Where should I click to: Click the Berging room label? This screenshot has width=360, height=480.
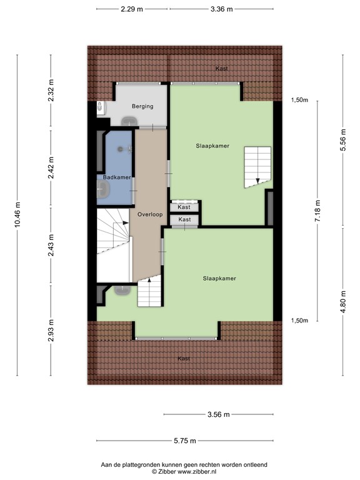tap(142, 106)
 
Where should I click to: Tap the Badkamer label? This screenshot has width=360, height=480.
tap(117, 177)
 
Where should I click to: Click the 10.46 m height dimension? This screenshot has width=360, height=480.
tap(18, 216)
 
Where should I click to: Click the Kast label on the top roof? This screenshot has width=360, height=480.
tap(221, 68)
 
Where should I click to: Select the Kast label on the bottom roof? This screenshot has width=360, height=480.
tap(183, 358)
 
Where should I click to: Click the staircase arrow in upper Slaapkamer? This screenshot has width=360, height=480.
tap(256, 181)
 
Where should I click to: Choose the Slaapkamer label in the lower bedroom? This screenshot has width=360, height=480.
tap(218, 277)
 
